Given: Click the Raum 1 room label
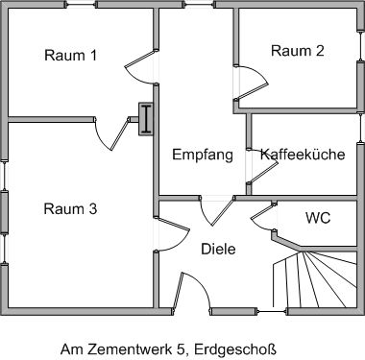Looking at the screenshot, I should tap(71, 55).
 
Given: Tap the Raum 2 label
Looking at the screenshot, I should tap(297, 51).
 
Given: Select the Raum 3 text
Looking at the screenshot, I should tap(71, 208).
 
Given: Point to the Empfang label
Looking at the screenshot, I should tap(203, 155).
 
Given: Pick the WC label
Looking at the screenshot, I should tap(318, 217).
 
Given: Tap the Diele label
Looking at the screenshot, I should tap(218, 249).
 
